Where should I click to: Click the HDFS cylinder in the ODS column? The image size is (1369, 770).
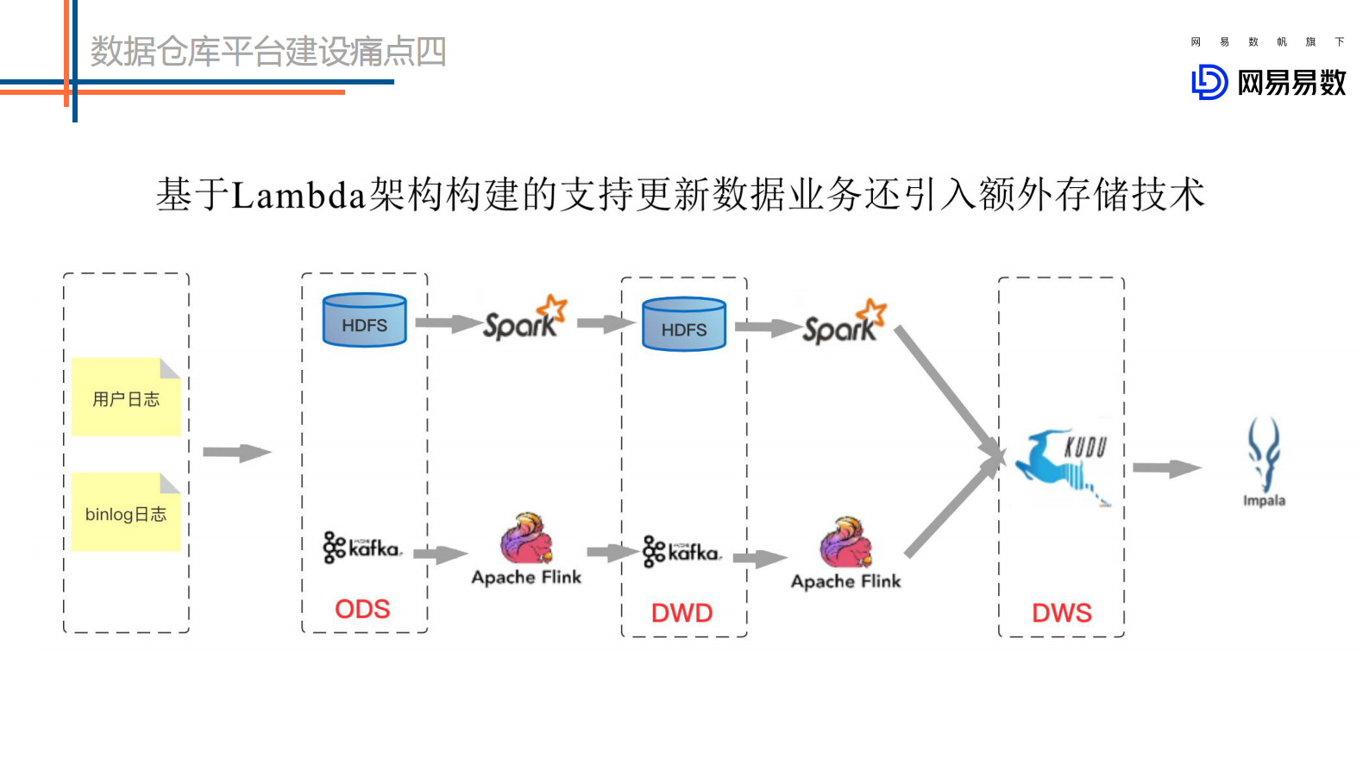(364, 320)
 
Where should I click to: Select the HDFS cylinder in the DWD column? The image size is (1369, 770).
(684, 324)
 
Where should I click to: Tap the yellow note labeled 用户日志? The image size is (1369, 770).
(126, 398)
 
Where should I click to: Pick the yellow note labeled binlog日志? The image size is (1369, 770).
(126, 513)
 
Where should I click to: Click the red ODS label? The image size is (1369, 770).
(362, 609)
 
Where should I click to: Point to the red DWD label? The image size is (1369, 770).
(681, 613)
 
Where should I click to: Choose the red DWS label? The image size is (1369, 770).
(1062, 613)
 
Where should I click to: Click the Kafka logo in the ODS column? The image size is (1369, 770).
(362, 547)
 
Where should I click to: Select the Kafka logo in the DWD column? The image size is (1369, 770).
(681, 551)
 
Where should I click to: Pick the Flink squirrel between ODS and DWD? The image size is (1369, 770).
(526, 539)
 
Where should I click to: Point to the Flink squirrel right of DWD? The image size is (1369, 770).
(846, 543)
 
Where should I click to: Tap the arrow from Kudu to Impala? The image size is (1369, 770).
(1166, 468)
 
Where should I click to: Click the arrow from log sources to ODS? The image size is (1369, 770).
(237, 452)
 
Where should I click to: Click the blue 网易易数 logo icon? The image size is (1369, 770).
(1209, 83)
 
